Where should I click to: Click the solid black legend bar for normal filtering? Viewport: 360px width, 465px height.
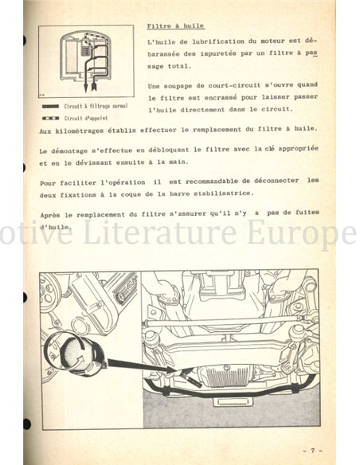coord(51,106)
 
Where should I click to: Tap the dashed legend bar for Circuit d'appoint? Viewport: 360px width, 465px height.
coord(51,117)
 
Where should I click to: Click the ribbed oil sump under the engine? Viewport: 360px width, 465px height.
coord(232,374)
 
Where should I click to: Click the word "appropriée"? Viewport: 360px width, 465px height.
coord(291,149)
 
